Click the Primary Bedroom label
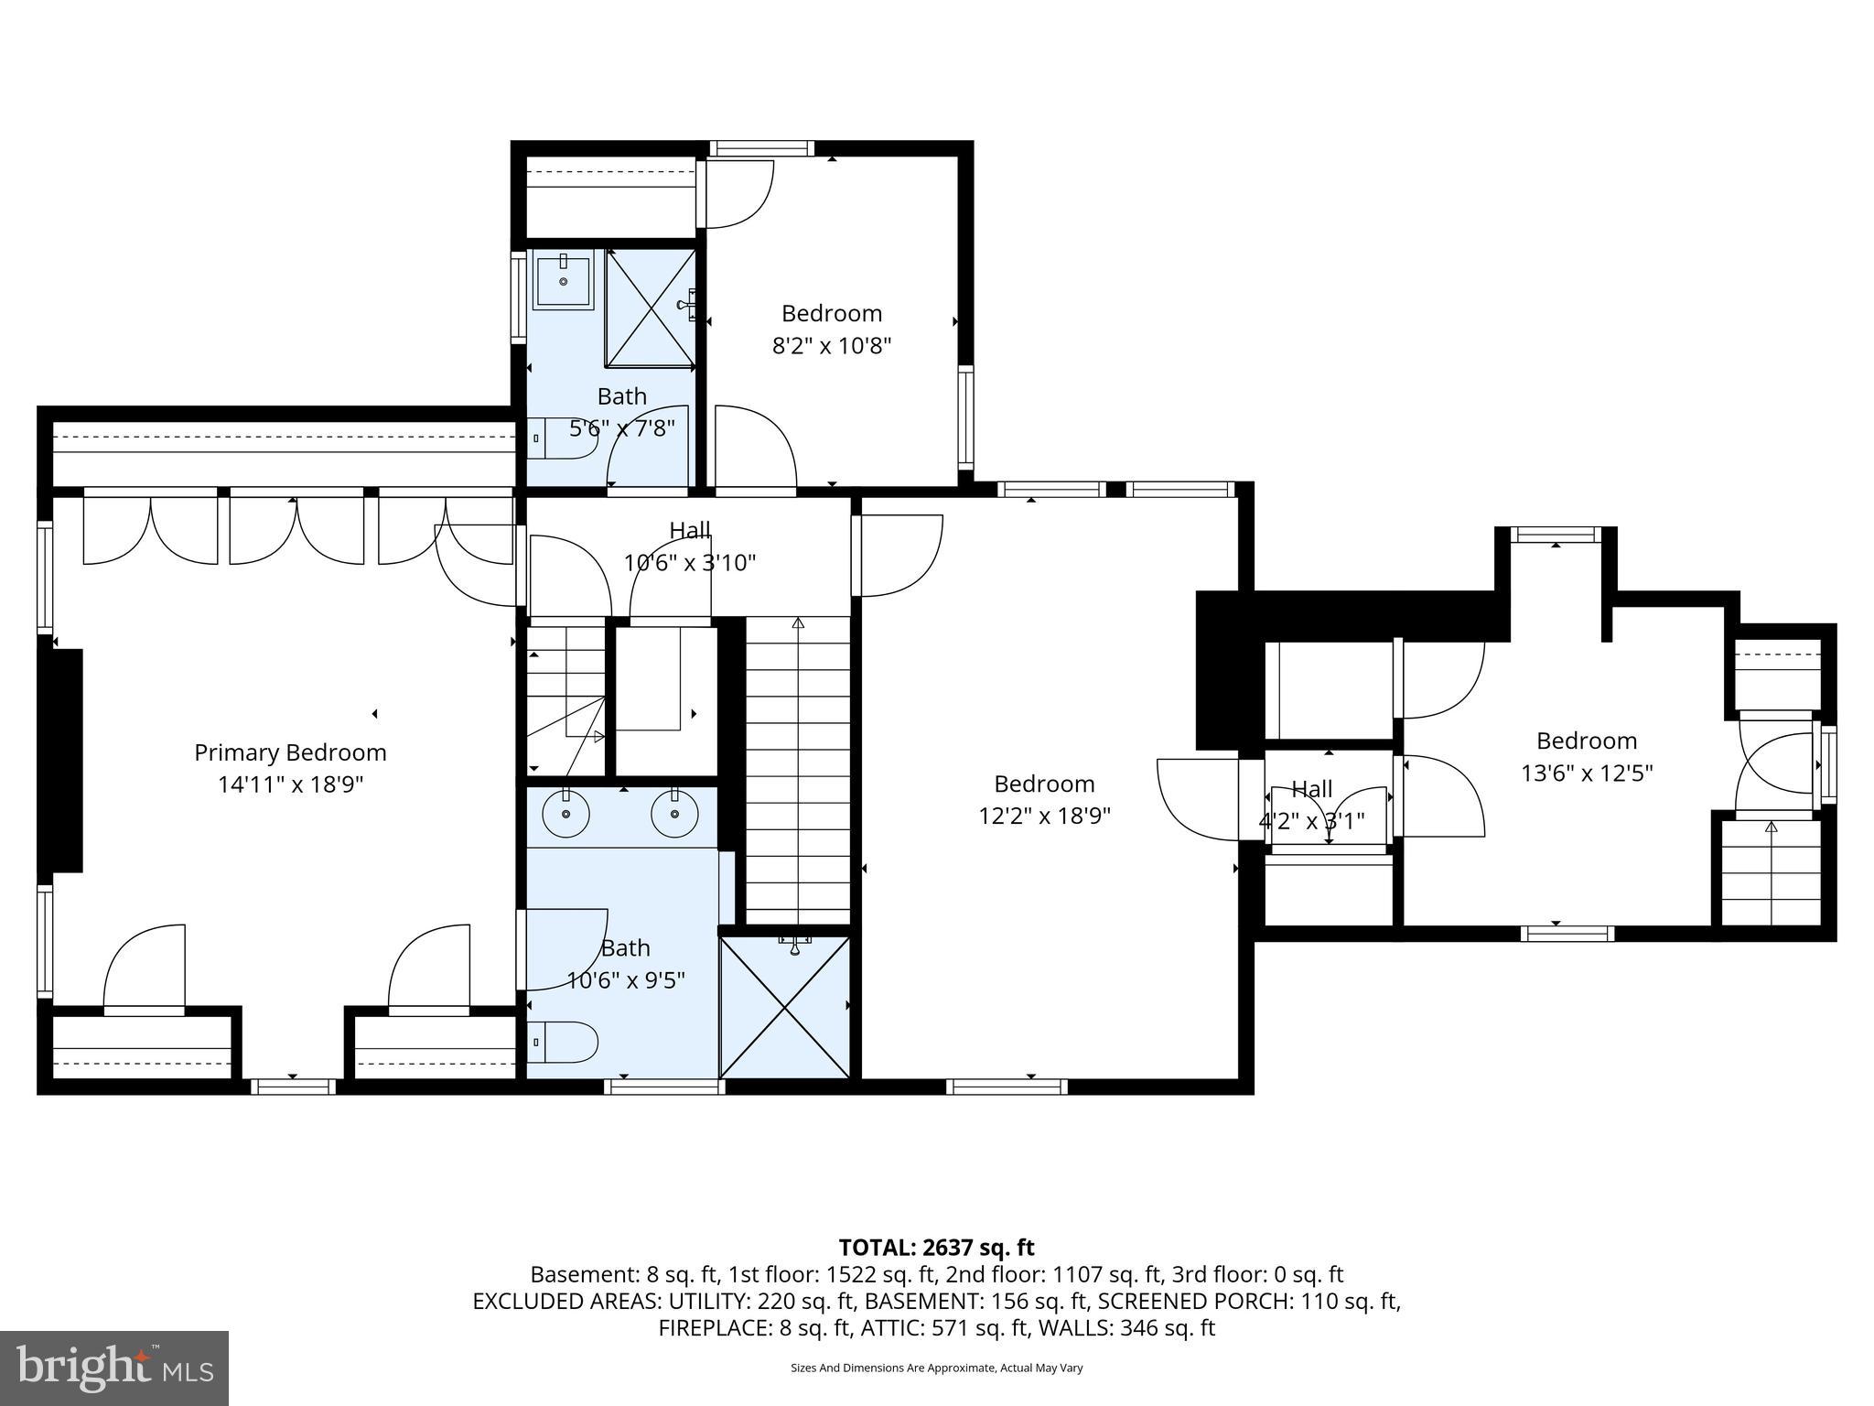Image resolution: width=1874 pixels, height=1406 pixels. [290, 752]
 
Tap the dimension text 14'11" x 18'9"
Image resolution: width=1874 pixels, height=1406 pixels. [290, 784]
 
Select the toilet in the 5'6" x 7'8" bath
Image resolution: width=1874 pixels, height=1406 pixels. [564, 438]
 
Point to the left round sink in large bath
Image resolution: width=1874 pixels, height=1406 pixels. [565, 812]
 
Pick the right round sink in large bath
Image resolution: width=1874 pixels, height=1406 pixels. [674, 812]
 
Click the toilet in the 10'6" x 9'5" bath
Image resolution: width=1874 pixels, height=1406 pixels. [564, 1042]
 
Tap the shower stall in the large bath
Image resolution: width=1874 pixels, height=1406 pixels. [785, 1006]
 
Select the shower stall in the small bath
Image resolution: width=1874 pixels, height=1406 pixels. [651, 308]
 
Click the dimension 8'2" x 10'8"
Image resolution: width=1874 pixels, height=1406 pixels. [832, 346]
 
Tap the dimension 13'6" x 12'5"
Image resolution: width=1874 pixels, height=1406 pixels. [1587, 773]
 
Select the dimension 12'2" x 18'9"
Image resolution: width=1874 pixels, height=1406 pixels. [1044, 816]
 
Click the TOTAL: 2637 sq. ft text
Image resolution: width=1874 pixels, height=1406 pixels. [936, 1248]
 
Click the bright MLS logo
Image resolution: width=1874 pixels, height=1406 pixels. [114, 1368]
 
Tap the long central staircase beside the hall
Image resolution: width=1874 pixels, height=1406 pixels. [798, 769]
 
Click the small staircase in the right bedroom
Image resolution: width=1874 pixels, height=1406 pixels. [1771, 874]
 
